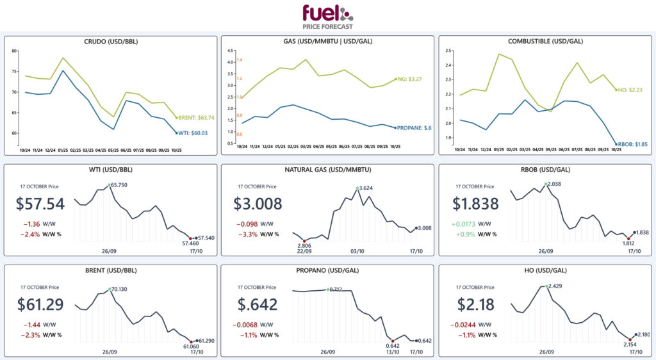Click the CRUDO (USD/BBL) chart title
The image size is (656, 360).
click(111, 42)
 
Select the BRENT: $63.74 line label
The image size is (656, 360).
click(197, 118)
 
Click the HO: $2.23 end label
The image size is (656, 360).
click(631, 90)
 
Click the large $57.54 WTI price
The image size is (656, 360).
click(41, 204)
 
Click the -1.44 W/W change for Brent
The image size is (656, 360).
click(30, 325)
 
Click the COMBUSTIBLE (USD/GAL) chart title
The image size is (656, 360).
click(546, 42)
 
